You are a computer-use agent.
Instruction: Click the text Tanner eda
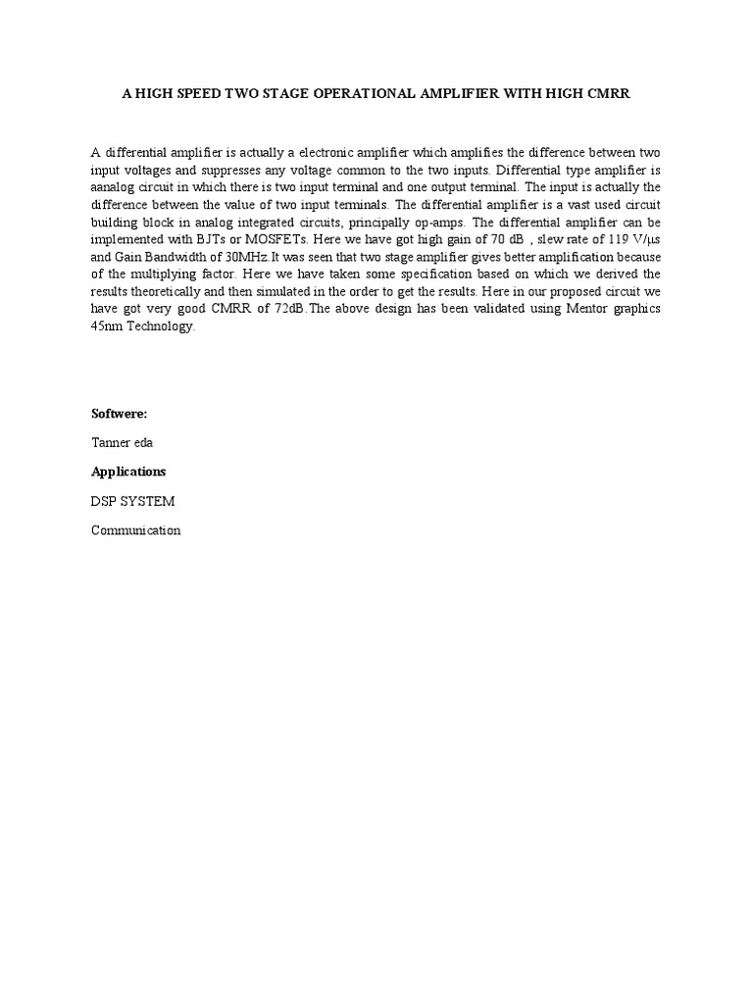(x=122, y=443)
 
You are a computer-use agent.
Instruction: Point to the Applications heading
(x=128, y=472)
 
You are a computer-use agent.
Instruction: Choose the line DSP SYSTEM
(x=132, y=501)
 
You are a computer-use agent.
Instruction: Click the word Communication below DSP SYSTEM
(x=135, y=530)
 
